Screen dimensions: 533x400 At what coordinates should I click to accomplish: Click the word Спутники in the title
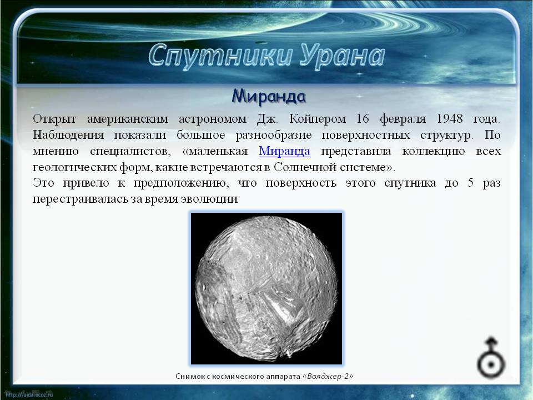[x=220, y=56]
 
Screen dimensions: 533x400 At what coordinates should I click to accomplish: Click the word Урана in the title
[x=343, y=56]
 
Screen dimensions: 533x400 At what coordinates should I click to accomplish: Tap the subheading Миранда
[x=269, y=96]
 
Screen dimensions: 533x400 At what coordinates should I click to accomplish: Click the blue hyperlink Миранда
[x=284, y=151]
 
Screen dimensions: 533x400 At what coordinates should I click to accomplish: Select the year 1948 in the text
[x=449, y=119]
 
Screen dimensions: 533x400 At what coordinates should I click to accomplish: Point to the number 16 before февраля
[x=363, y=119]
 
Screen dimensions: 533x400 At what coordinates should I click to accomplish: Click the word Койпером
[x=318, y=119]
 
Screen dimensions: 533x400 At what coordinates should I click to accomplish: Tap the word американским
[x=128, y=119]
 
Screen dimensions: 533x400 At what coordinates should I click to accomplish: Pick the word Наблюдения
[x=68, y=135]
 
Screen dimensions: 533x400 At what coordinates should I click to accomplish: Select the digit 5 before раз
[x=470, y=183]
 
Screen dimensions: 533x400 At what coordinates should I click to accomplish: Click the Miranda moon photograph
[x=266, y=288]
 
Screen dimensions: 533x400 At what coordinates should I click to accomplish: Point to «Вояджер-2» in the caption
[x=328, y=376]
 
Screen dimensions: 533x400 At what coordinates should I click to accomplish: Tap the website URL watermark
[x=29, y=394]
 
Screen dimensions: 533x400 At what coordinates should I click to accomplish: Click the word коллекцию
[x=434, y=151]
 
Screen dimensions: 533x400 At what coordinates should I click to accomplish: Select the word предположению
[x=179, y=183]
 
